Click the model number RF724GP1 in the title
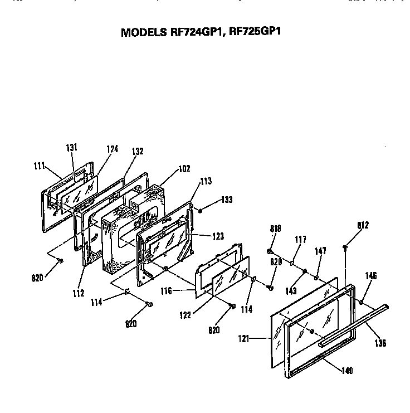[x=192, y=32]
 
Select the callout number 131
[x=71, y=148]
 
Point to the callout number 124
[x=112, y=149]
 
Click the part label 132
[x=137, y=152]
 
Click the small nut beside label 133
[x=201, y=211]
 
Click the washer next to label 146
[x=362, y=303]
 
